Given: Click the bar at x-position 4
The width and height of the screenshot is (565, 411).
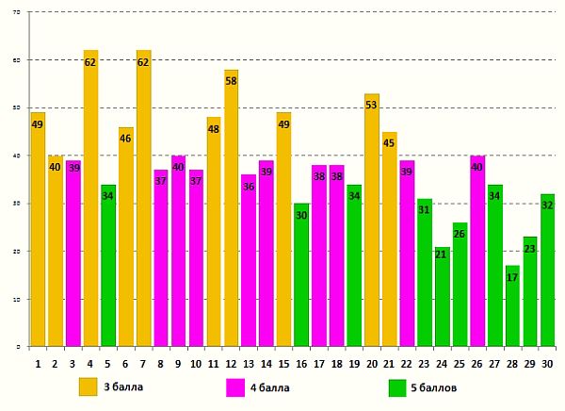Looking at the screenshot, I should coord(90,198).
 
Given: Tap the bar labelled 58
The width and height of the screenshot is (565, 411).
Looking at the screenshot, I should coord(231,208).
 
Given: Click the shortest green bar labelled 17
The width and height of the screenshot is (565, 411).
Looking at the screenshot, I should coord(511,306).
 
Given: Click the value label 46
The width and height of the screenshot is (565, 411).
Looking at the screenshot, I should coord(125,139).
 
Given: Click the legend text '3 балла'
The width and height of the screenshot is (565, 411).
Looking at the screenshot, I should coord(124,386).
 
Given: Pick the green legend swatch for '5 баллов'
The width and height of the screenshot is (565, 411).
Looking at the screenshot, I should coord(398,386).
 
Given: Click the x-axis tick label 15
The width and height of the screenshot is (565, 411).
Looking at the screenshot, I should coord(283,362).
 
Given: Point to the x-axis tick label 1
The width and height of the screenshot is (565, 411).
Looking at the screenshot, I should coord(38,362).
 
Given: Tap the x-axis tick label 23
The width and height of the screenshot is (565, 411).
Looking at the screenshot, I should coord(424,362).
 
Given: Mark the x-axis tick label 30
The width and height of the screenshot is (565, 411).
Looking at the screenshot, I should coord(547,362).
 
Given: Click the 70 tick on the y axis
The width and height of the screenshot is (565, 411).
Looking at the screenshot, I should coord(18,12).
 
